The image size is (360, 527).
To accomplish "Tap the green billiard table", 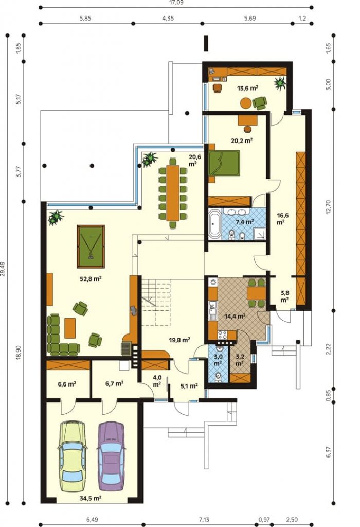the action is coord(91,247).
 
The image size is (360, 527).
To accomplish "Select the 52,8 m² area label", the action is coord(91,278).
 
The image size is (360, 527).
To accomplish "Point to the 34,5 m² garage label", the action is coord(91,498).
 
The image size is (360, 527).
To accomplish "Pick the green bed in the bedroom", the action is coord(224,163).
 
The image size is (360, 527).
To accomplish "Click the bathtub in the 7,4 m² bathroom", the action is coord(214,223).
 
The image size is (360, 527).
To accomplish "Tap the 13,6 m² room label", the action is coord(247,89).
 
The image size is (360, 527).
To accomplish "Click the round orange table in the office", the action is coord(246,103).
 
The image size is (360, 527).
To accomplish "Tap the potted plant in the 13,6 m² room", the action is coord(280,83).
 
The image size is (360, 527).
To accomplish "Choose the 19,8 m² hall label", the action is coord(179,340).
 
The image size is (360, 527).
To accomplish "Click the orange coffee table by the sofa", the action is coord(70,328).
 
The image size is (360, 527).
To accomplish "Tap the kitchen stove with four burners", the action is coord(222,335).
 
